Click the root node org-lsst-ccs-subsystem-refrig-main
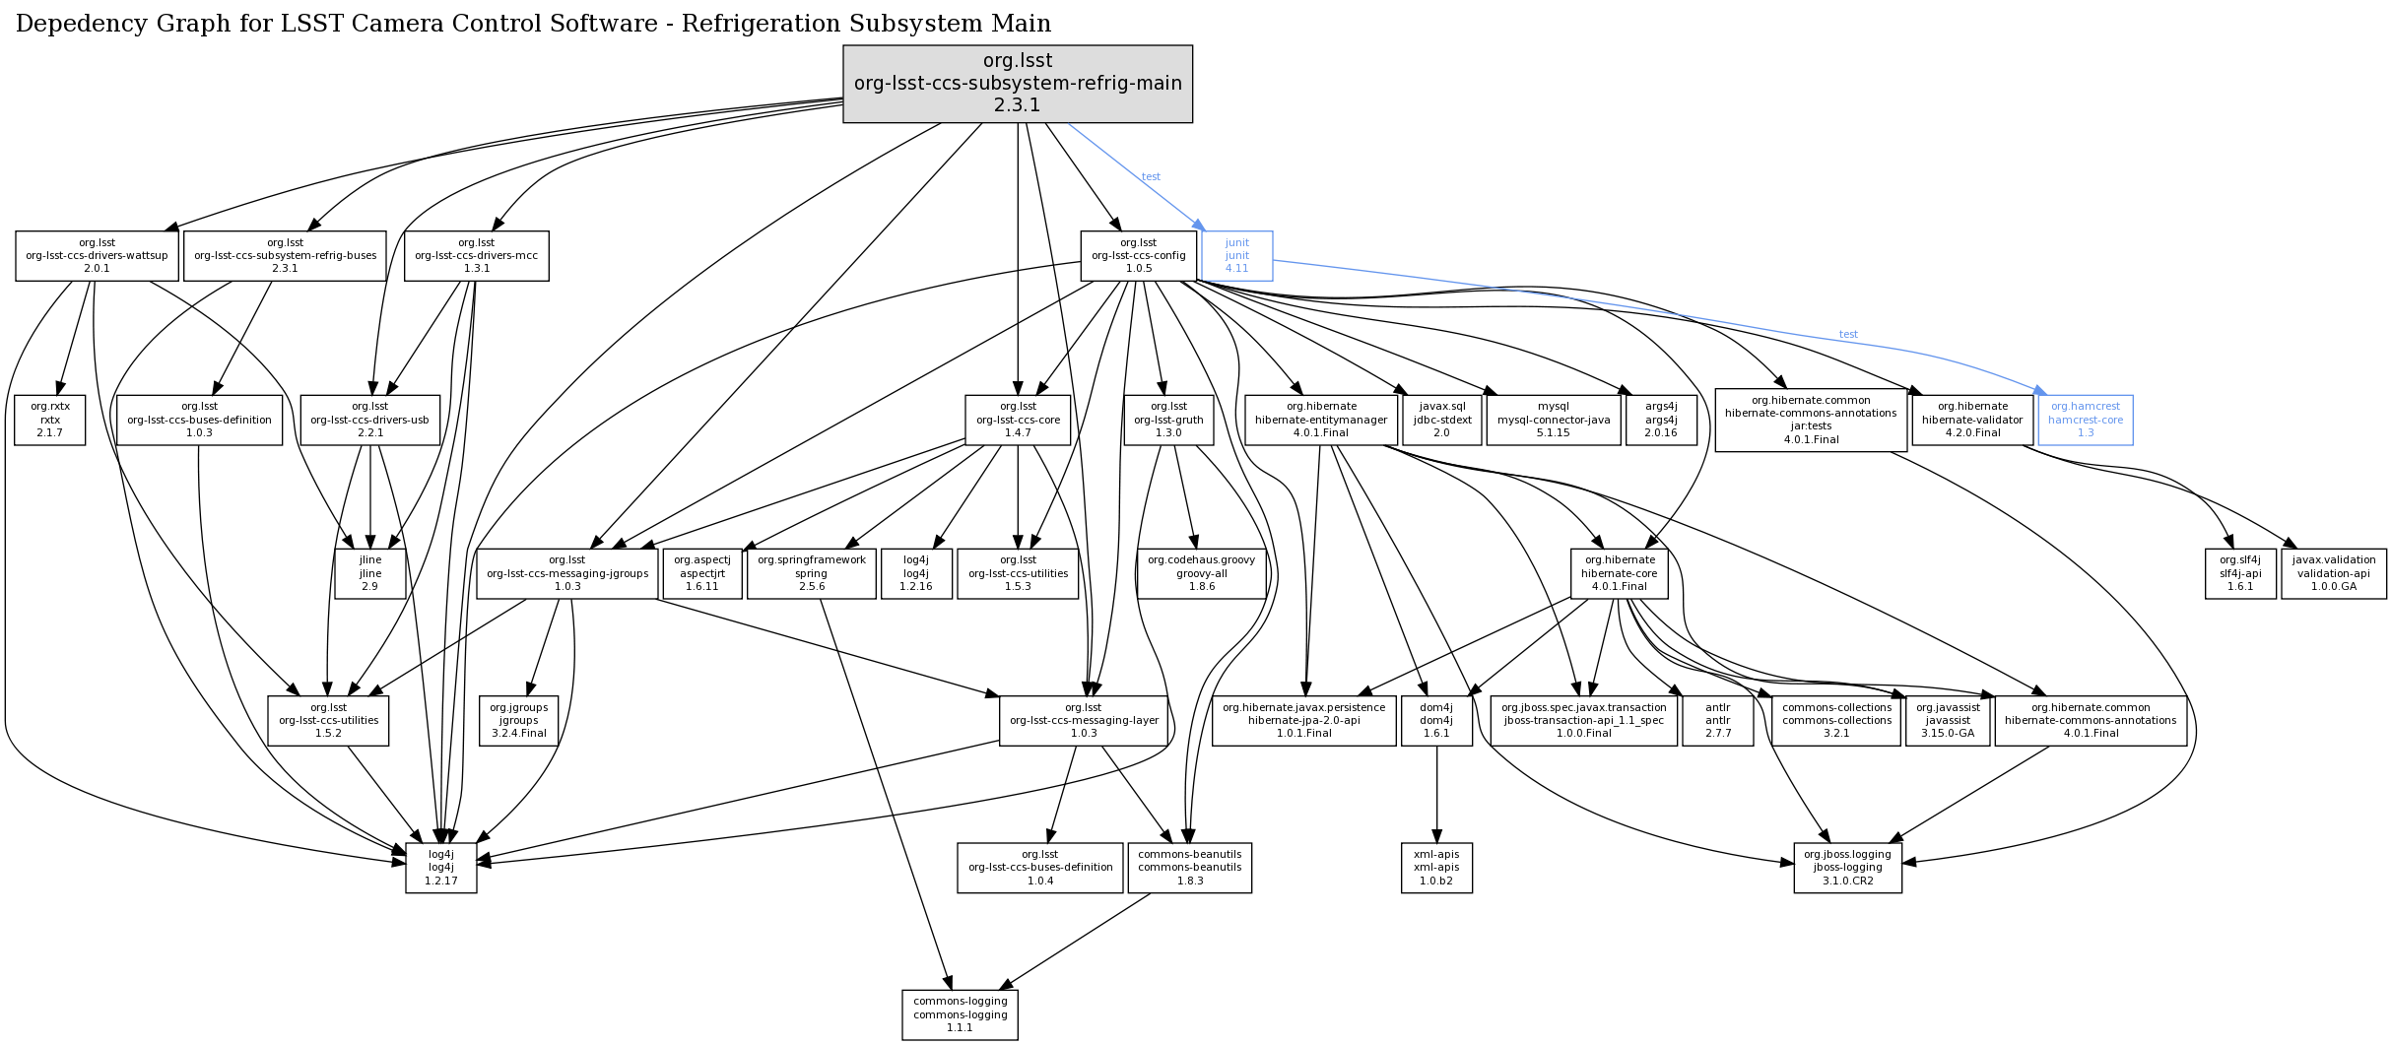click(1017, 84)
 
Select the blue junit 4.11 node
click(1236, 256)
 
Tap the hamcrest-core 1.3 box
click(2085, 420)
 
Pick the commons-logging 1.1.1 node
click(960, 1014)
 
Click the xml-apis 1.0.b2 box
click(1436, 868)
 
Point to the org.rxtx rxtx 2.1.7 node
click(50, 420)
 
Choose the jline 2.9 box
click(369, 573)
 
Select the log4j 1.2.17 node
click(440, 868)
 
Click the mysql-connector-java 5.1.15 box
click(1553, 420)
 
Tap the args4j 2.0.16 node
click(1660, 420)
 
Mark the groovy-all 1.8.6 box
click(1201, 573)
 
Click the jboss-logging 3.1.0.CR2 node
click(1847, 868)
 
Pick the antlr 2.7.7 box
click(1717, 721)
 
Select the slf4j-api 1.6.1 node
click(2239, 573)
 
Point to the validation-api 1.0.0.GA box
click(2333, 573)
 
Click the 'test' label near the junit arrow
click(1151, 177)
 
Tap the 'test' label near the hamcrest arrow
click(1848, 335)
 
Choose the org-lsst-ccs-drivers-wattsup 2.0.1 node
click(97, 256)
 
